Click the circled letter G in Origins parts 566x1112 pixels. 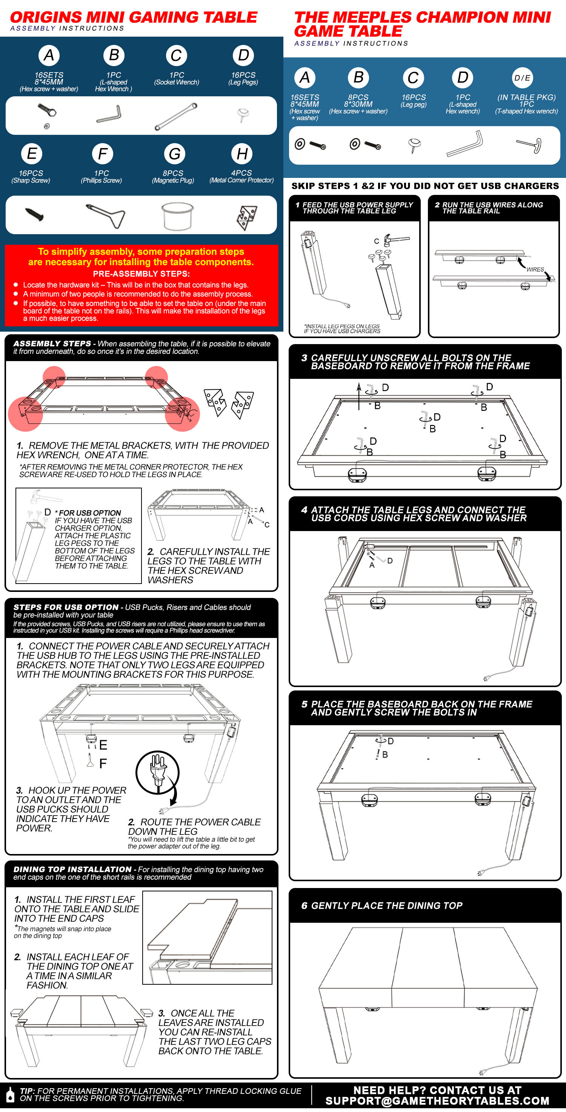pyautogui.click(x=174, y=154)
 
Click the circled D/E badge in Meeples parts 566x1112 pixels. pyautogui.click(x=522, y=78)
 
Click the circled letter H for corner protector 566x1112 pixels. pyautogui.click(x=242, y=154)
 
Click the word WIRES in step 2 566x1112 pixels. pyautogui.click(x=535, y=269)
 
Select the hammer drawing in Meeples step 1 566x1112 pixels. pyautogui.click(x=396, y=239)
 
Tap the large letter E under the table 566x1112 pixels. pyautogui.click(x=103, y=744)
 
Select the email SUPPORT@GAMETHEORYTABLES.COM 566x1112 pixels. pyautogui.click(x=437, y=1101)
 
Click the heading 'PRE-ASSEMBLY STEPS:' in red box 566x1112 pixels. pyautogui.click(x=141, y=274)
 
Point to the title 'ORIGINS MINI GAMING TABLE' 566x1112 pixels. pyautogui.click(x=133, y=17)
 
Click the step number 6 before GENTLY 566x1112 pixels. pyautogui.click(x=304, y=905)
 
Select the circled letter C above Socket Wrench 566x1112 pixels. pyautogui.click(x=176, y=56)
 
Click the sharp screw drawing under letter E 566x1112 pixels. pyautogui.click(x=34, y=214)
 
